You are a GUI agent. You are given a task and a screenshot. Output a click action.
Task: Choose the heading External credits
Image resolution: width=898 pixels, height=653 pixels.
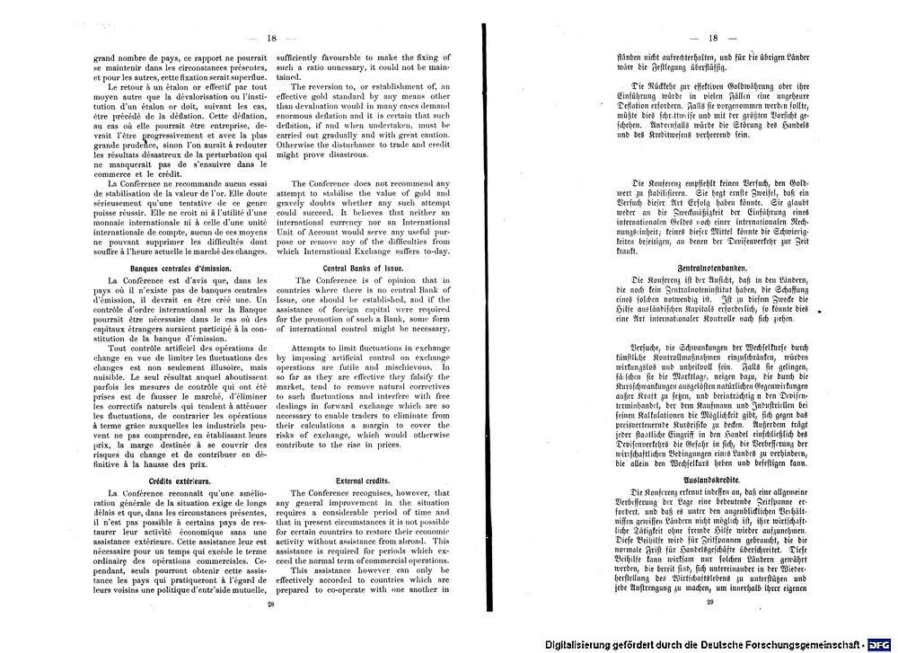(362, 481)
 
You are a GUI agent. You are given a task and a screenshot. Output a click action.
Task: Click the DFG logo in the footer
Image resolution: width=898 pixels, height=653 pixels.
(880, 644)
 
